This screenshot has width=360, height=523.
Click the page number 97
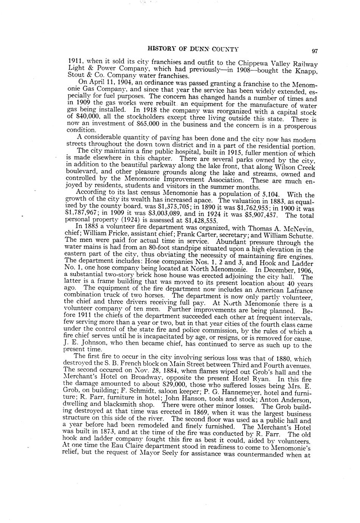pos(315,51)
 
